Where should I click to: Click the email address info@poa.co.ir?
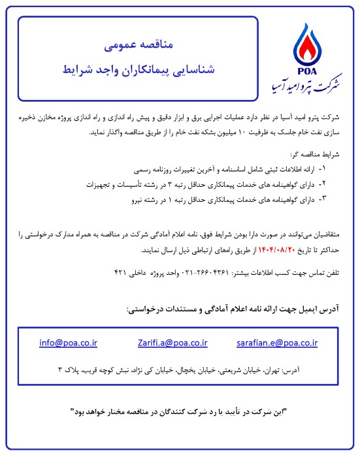point(69,341)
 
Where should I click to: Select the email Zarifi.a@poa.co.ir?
point(172,341)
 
